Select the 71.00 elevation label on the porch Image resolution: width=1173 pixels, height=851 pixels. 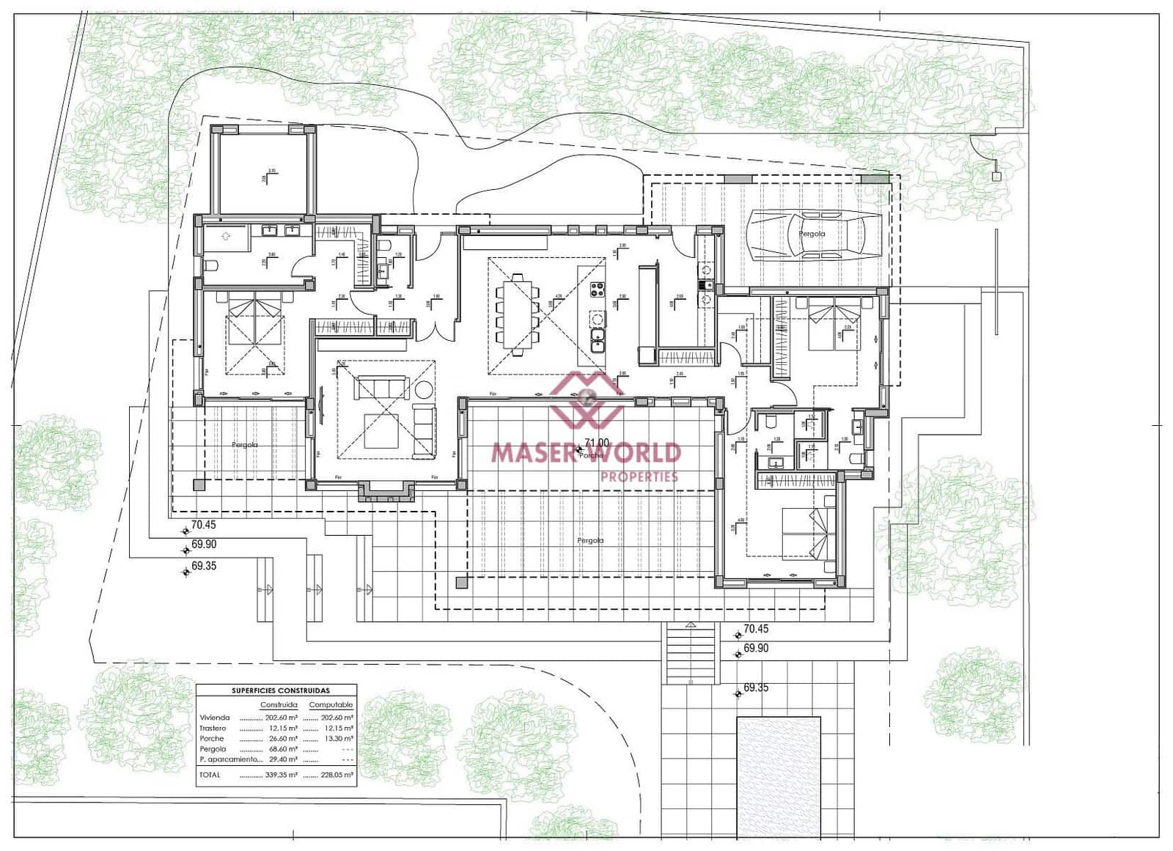point(596,443)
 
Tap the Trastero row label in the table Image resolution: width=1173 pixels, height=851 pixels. point(213,729)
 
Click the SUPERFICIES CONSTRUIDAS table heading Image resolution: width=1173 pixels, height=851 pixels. point(280,690)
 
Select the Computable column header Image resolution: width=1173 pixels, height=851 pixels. point(331,705)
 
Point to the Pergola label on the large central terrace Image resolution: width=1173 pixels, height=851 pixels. point(590,541)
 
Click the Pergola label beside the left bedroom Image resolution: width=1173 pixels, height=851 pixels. point(245,445)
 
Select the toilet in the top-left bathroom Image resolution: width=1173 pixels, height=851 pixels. point(210,265)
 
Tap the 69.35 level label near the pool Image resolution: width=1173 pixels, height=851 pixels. point(755,688)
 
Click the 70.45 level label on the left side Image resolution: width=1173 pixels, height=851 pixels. point(203,525)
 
